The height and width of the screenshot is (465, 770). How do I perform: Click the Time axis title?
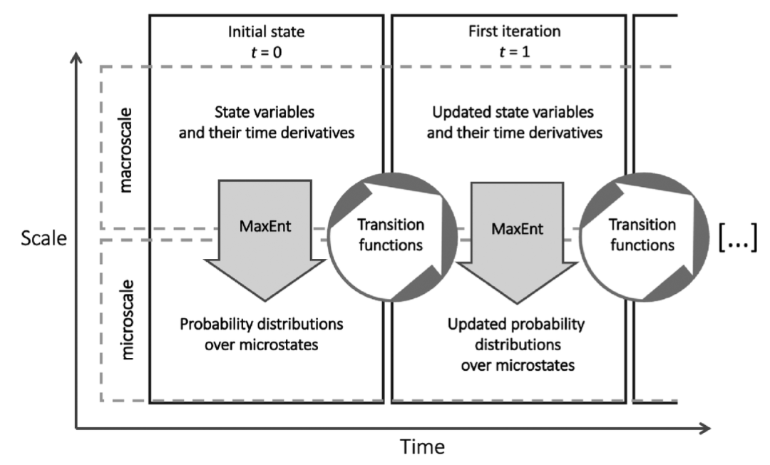click(x=422, y=447)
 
